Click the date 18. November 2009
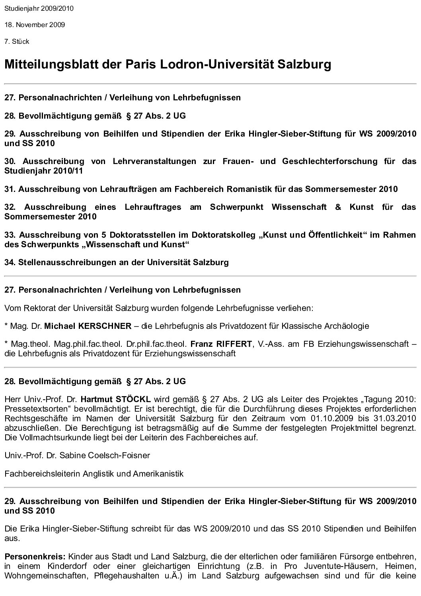tap(35, 25)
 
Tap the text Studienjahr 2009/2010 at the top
tap(39, 8)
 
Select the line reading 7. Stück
tap(17, 41)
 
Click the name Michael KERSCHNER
tap(88, 326)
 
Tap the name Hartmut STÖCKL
tap(115, 399)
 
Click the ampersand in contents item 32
tap(338, 207)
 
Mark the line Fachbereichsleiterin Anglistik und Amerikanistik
tap(94, 473)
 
